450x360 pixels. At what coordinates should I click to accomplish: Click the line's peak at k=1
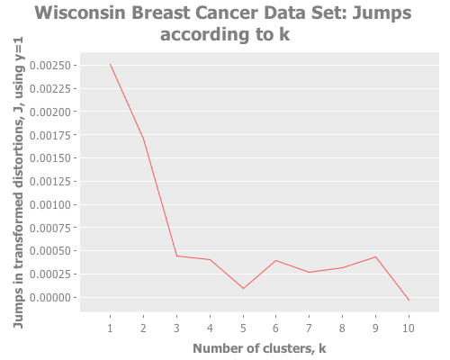click(x=110, y=64)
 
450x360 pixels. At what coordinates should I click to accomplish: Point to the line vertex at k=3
click(x=176, y=256)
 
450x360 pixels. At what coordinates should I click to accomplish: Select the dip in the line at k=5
click(x=243, y=289)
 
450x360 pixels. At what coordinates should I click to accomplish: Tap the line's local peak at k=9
click(x=375, y=256)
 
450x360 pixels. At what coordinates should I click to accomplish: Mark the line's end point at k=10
click(x=409, y=301)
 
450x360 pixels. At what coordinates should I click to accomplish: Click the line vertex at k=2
click(x=143, y=139)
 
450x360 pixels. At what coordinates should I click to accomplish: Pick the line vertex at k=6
click(x=275, y=260)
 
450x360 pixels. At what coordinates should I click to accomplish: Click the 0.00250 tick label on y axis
click(x=50, y=66)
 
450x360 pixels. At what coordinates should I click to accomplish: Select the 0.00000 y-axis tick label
click(x=50, y=298)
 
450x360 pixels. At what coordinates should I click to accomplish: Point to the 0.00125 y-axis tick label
click(x=50, y=182)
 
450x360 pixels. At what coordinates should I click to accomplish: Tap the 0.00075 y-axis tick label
click(x=50, y=228)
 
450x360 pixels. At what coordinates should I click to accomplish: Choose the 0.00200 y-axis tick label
click(x=50, y=112)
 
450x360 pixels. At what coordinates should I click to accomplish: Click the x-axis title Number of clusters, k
click(x=259, y=348)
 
